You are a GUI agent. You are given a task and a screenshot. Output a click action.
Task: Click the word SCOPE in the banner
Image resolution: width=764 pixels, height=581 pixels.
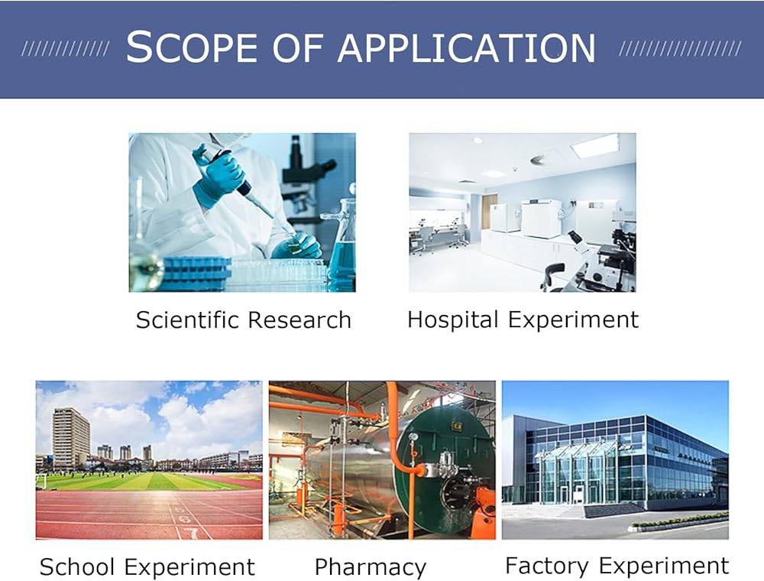(192, 47)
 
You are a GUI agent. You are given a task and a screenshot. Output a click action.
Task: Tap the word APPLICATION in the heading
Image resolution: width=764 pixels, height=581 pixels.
(466, 47)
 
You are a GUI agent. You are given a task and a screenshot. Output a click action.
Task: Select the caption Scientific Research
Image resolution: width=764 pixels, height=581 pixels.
(243, 320)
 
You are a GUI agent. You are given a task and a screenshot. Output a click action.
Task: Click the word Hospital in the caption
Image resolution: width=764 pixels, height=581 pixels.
(452, 321)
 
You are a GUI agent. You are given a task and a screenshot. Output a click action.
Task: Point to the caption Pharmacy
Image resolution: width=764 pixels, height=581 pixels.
(371, 568)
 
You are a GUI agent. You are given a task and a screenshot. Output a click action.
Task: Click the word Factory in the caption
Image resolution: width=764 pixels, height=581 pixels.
(547, 566)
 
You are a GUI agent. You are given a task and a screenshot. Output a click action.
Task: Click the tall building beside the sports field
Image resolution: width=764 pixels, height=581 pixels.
(71, 438)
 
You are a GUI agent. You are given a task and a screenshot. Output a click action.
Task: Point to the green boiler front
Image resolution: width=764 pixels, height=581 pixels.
(443, 463)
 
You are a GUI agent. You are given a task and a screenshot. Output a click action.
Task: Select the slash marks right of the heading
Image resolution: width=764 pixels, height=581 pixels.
(680, 48)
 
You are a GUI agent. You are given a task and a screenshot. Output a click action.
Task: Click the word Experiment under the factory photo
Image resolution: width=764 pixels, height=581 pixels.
(664, 566)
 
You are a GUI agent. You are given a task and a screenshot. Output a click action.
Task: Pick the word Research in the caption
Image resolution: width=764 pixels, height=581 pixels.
(299, 320)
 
